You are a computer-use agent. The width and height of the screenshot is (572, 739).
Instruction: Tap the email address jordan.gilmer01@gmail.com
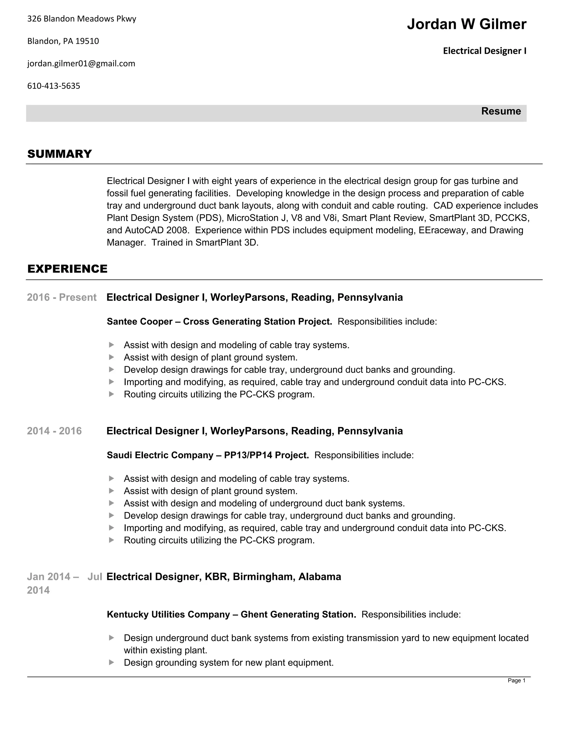pos(81,64)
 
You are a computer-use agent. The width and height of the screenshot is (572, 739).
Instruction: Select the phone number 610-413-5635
pos(54,86)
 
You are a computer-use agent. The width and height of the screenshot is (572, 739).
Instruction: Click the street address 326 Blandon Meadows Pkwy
pos(81,19)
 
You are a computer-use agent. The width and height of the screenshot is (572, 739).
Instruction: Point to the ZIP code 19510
pos(87,41)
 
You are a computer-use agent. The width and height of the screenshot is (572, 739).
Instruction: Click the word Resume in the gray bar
pos(501,111)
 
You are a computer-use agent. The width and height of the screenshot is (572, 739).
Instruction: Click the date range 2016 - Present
pos(62,298)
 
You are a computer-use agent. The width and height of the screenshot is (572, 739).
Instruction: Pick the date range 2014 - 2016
pos(54,431)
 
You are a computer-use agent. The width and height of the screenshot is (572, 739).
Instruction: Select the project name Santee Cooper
pos(140,322)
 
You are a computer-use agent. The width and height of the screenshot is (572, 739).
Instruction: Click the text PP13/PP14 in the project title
pos(248,455)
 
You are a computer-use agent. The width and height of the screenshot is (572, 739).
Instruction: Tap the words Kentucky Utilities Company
pos(168,614)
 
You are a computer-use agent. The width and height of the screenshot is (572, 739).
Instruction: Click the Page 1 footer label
pos(516,680)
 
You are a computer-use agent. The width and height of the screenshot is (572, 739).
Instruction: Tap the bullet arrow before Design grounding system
pos(111,663)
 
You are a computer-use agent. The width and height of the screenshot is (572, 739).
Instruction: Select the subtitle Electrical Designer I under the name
pos(485,51)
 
